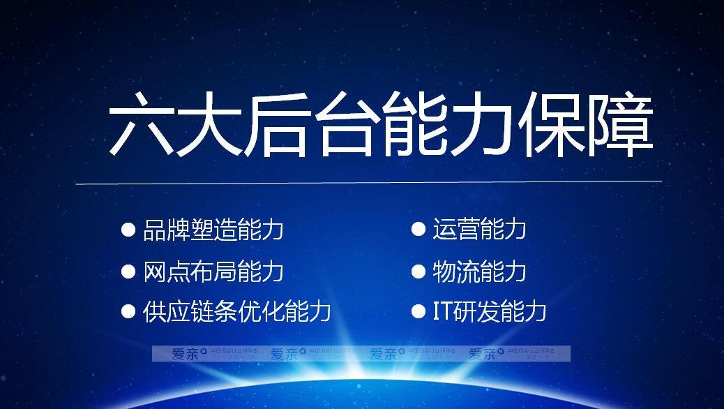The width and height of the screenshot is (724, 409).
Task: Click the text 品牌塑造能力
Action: (x=213, y=230)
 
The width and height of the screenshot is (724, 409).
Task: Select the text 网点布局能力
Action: (x=213, y=271)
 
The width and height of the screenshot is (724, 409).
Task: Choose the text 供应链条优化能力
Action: (x=237, y=311)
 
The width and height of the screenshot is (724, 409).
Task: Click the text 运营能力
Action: (x=480, y=230)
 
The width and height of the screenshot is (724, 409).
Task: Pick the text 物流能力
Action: (x=480, y=271)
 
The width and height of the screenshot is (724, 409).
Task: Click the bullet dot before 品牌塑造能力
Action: (x=128, y=229)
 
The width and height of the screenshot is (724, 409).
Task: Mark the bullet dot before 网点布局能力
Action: (x=128, y=271)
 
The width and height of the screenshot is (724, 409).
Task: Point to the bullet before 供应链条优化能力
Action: (x=128, y=311)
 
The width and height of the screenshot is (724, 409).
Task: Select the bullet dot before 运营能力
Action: (x=418, y=229)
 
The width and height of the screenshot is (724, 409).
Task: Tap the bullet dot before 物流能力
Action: (x=418, y=271)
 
